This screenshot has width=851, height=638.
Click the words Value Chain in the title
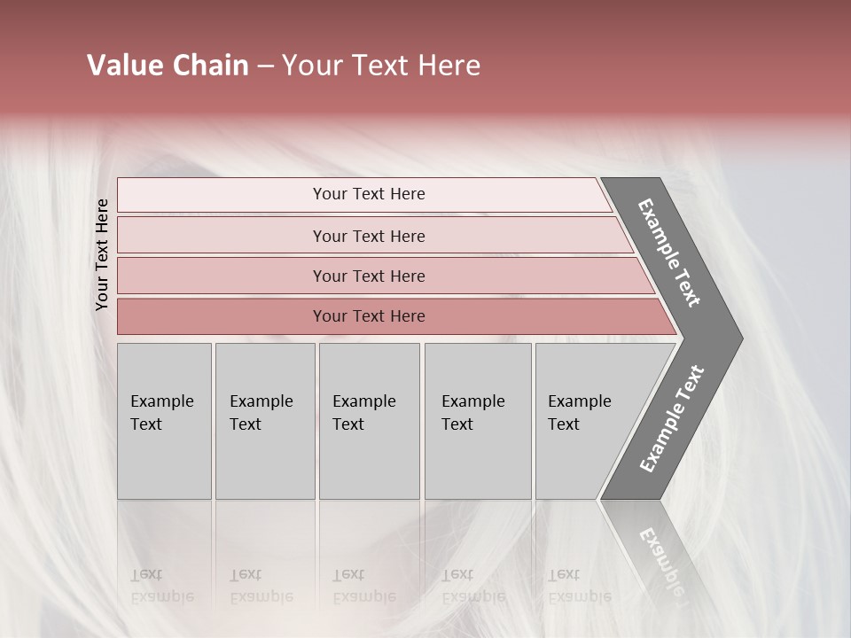(x=168, y=66)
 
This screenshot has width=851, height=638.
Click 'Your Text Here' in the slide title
(x=381, y=66)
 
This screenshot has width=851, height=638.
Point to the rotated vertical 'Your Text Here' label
(x=102, y=255)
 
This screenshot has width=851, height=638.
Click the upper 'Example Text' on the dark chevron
(x=669, y=253)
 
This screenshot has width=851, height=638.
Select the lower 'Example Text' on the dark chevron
(x=671, y=419)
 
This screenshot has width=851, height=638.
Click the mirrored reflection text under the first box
(x=161, y=586)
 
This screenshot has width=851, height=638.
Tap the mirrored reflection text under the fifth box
(x=579, y=586)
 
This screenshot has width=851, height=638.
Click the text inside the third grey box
(x=363, y=413)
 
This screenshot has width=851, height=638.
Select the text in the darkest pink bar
(x=369, y=316)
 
